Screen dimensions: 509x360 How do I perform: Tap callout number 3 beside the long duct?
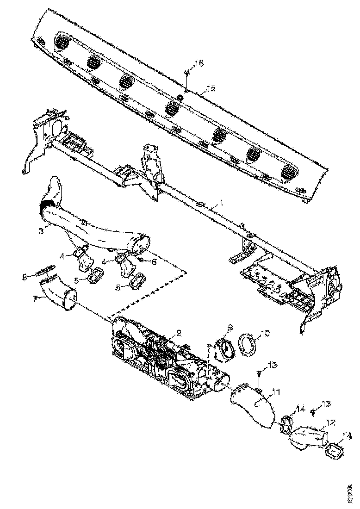click(41, 230)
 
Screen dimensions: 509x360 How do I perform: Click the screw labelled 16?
click(186, 73)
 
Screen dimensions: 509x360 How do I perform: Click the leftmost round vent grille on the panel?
click(61, 43)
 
